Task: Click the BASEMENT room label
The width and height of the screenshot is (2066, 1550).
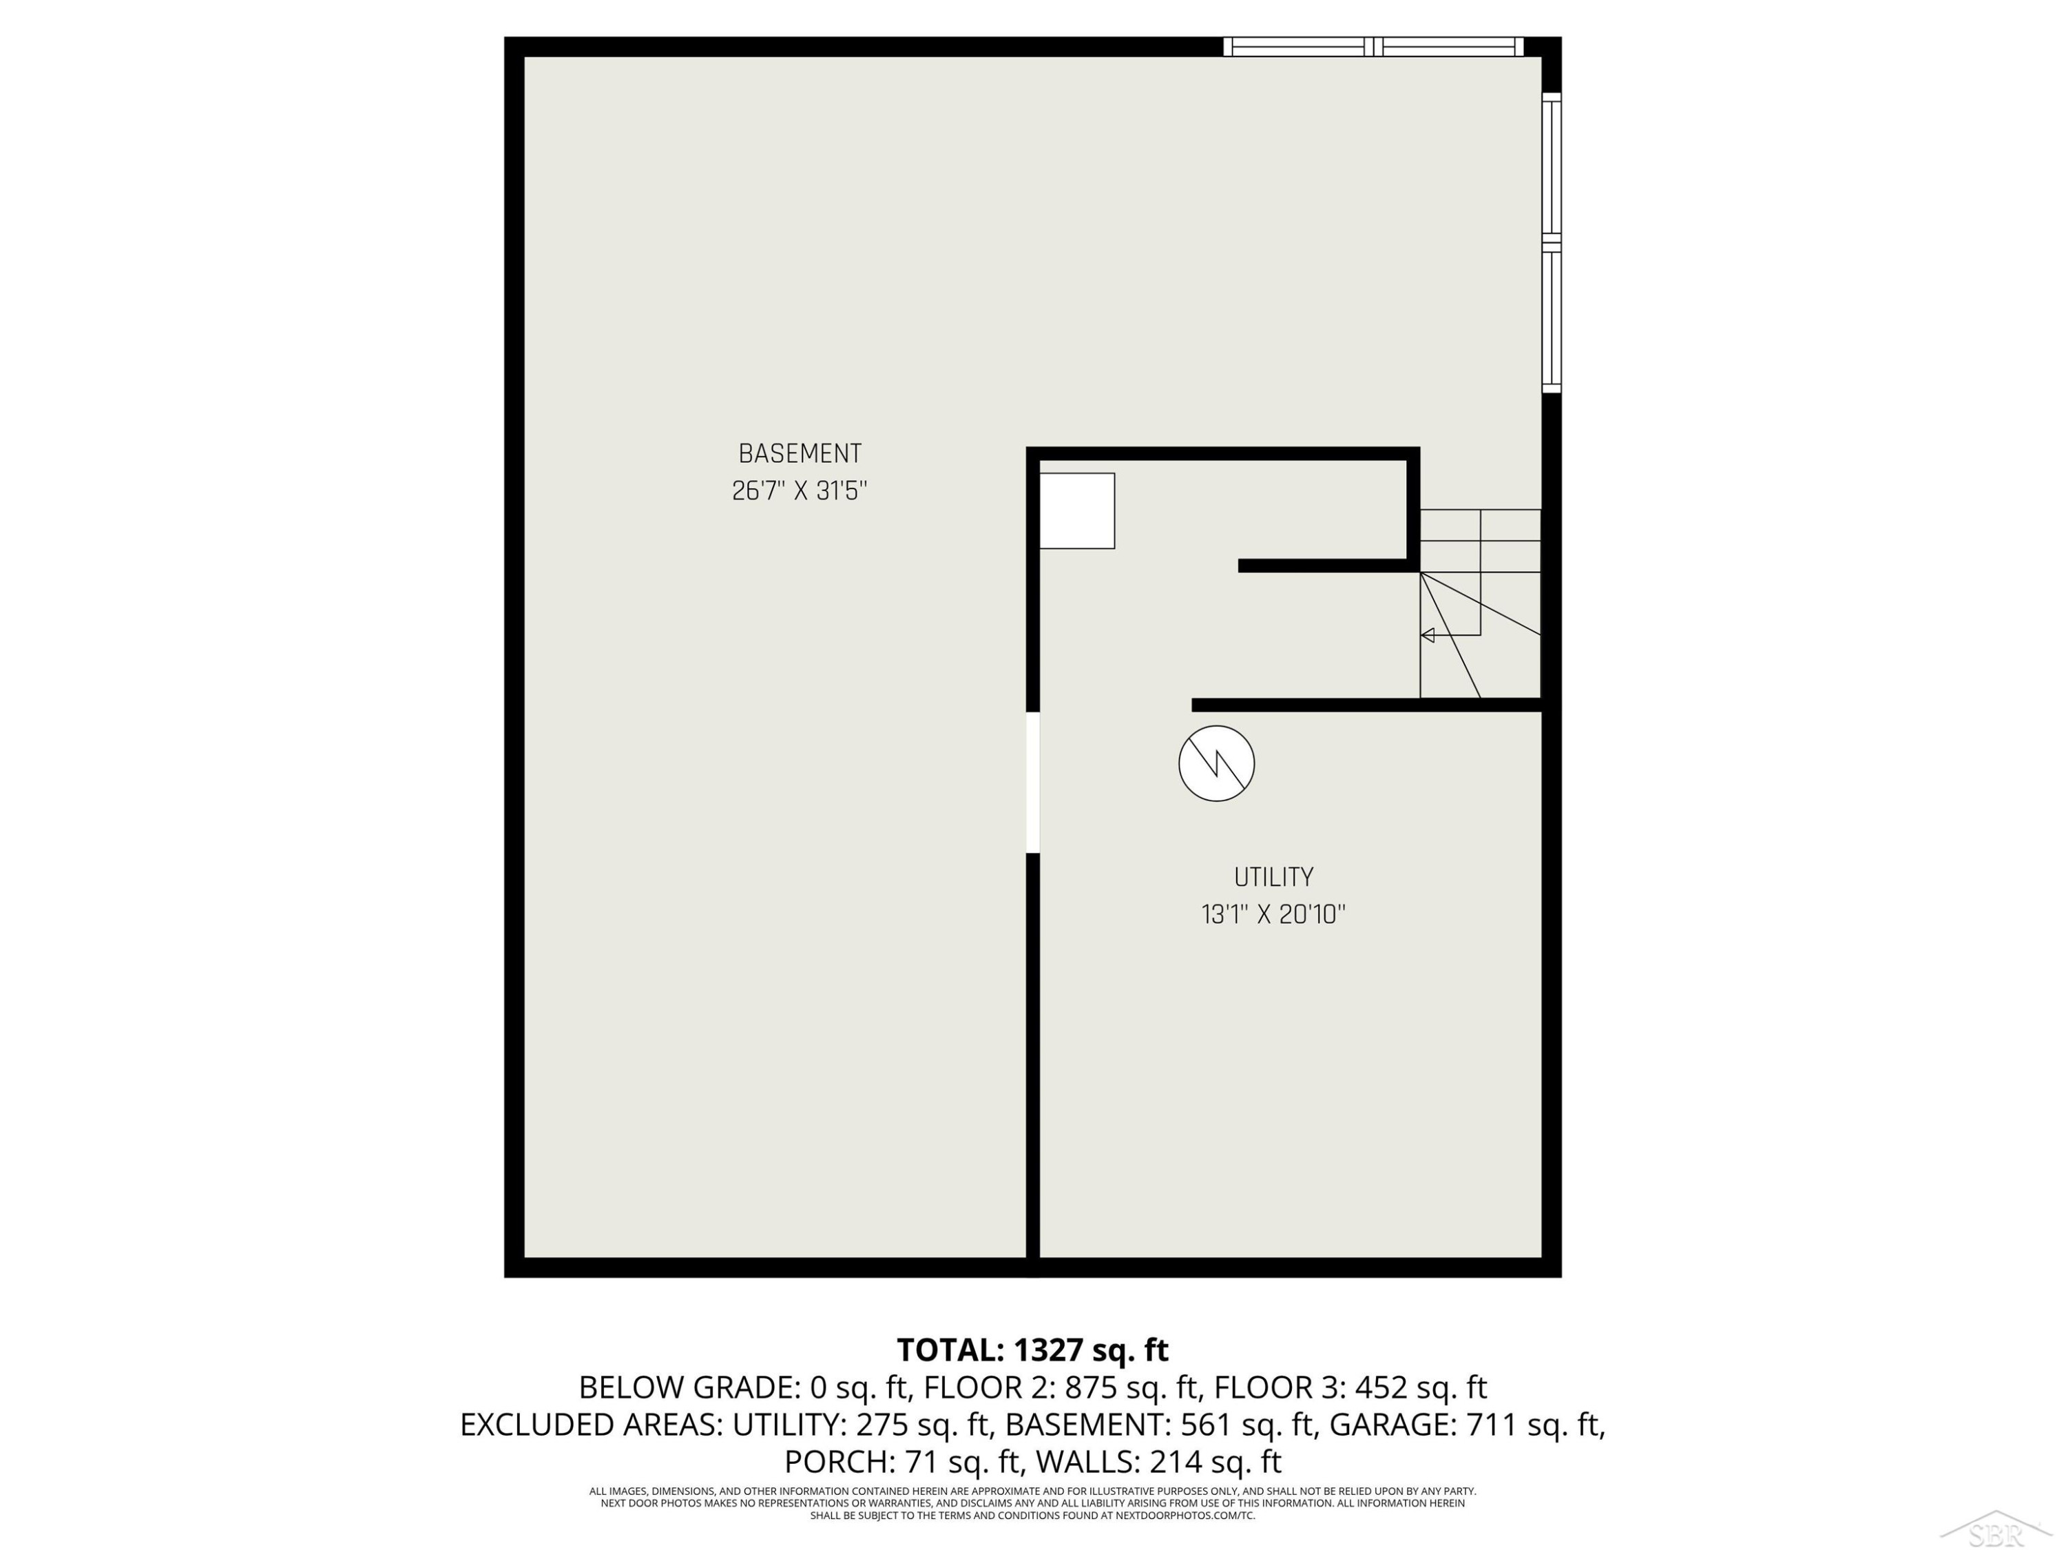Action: click(x=800, y=453)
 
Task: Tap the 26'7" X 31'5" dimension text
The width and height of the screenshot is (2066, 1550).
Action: click(x=800, y=490)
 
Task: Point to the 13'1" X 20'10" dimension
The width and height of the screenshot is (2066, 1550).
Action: click(x=1273, y=913)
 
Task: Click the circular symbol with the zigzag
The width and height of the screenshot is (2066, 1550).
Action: click(x=1216, y=763)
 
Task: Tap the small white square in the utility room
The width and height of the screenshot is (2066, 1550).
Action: click(x=1077, y=510)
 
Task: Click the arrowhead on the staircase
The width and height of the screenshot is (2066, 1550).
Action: click(x=1427, y=635)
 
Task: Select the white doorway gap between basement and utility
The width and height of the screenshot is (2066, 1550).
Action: click(x=1033, y=782)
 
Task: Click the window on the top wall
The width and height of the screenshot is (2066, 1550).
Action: click(x=1373, y=47)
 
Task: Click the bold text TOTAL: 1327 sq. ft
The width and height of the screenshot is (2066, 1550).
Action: click(x=1033, y=1350)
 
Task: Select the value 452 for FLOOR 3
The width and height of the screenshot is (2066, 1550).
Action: click(x=1381, y=1387)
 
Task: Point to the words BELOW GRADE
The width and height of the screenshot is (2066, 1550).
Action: click(x=687, y=1387)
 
